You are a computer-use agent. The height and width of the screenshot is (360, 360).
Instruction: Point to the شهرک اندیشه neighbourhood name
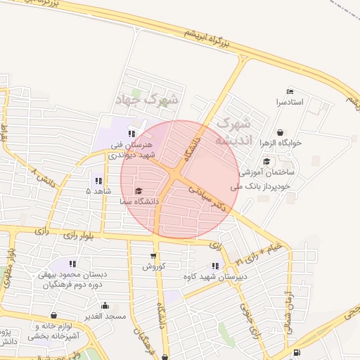click(231, 131)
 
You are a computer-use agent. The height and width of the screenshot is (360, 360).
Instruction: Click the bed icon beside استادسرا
click(289, 91)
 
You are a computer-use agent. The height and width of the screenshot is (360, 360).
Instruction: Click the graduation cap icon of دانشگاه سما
click(139, 191)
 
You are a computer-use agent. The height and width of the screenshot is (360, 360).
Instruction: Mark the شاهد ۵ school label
click(98, 191)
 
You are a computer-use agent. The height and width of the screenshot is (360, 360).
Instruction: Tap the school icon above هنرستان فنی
click(130, 133)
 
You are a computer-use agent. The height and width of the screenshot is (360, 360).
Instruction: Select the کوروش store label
click(153, 266)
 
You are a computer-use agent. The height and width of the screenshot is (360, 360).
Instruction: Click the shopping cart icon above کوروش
click(153, 255)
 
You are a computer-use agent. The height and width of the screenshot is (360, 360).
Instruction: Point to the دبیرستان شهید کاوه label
click(217, 276)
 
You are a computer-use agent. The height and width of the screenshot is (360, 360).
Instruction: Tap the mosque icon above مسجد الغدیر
click(105, 305)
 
